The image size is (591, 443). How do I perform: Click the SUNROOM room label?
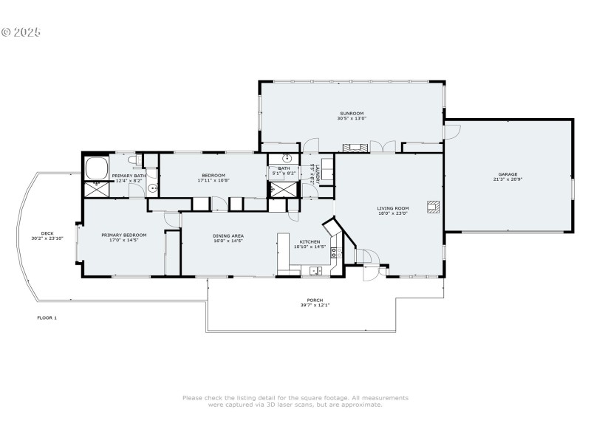352,113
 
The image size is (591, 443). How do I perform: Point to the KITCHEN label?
310,241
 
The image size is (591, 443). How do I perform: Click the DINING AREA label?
228,236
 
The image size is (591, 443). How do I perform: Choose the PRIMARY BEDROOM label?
124,235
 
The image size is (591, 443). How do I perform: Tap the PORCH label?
315,301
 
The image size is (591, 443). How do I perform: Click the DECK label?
47,233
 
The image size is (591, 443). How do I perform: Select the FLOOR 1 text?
47,317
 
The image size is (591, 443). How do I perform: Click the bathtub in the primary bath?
96,168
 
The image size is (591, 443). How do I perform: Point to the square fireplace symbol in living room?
432,207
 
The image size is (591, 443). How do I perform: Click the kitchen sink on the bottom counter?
317,271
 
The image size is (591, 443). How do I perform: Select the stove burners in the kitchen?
335,253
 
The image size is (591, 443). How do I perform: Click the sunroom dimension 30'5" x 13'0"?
352,118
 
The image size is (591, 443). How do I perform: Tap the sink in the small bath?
286,158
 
